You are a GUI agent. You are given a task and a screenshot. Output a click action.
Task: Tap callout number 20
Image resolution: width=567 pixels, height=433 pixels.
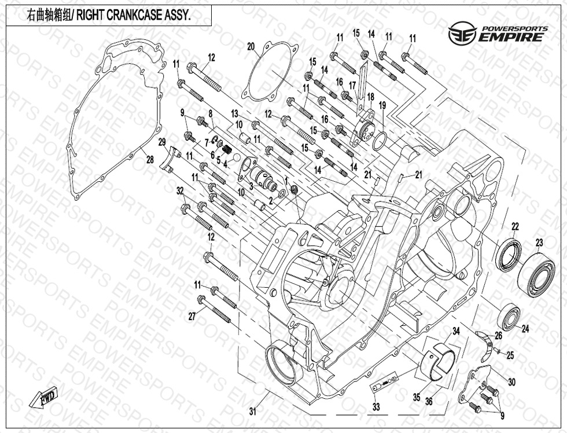[x=251, y=47]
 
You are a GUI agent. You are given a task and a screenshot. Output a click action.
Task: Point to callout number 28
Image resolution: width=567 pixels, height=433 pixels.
[x=150, y=160]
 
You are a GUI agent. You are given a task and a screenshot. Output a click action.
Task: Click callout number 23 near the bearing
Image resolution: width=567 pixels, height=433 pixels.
[x=539, y=243]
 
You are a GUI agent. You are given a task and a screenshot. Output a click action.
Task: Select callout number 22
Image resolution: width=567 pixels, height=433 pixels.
[x=514, y=226]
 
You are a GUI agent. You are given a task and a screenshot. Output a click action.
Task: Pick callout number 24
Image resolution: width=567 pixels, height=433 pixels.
[x=525, y=329]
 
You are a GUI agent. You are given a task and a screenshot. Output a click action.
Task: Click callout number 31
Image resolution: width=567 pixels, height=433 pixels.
[x=252, y=412]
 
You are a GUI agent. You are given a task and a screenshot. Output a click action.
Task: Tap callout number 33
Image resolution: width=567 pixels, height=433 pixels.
[x=376, y=407]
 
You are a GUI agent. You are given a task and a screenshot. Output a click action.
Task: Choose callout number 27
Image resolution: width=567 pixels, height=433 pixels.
[x=192, y=316]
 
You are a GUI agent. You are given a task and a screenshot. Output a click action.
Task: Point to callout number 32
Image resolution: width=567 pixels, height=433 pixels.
[x=180, y=190]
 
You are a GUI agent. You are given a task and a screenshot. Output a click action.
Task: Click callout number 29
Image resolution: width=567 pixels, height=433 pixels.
[x=162, y=142]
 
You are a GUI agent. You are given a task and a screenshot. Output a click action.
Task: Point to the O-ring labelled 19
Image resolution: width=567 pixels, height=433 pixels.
[x=380, y=140]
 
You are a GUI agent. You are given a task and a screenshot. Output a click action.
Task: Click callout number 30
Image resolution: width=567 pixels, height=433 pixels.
[x=511, y=381]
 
